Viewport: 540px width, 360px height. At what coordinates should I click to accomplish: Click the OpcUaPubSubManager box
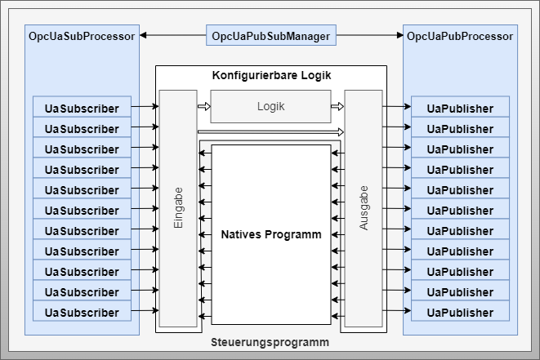click(x=270, y=36)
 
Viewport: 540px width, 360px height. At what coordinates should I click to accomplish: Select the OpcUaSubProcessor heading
click(x=82, y=36)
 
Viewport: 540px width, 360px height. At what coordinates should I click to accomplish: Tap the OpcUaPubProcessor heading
click(x=460, y=36)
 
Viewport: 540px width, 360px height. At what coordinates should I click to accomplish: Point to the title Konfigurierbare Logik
click(x=270, y=75)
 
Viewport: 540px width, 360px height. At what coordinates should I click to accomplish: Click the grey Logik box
click(x=270, y=106)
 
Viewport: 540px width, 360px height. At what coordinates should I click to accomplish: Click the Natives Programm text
click(x=270, y=234)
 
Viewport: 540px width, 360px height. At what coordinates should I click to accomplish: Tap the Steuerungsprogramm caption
click(x=270, y=342)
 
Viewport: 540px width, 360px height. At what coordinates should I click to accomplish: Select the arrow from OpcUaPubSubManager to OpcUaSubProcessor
click(x=172, y=36)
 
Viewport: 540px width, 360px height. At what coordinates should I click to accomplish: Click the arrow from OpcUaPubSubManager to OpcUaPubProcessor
click(x=370, y=36)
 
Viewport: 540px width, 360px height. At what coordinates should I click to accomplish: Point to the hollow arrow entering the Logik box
click(x=203, y=106)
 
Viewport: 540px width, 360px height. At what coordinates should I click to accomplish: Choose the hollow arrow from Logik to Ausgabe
click(x=337, y=106)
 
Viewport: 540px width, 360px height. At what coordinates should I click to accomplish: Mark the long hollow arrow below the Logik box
click(x=270, y=131)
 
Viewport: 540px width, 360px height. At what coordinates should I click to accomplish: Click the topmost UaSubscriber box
click(x=82, y=107)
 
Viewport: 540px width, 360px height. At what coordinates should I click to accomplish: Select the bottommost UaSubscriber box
click(x=82, y=312)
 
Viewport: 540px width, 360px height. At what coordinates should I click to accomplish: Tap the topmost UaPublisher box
click(x=460, y=107)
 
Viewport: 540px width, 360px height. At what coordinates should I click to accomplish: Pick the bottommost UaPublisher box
click(x=460, y=312)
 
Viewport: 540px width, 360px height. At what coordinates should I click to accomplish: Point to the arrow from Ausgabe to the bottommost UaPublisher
click(x=396, y=312)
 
